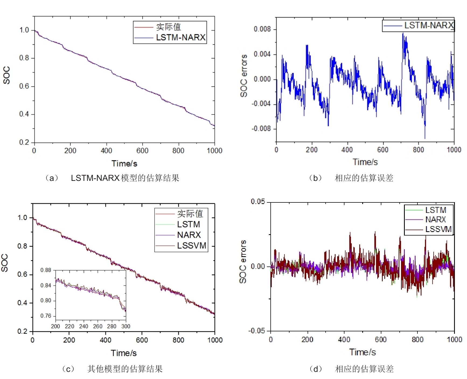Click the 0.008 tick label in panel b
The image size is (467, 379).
(262, 29)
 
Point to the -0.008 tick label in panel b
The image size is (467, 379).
(261, 129)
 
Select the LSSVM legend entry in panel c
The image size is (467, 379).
(191, 246)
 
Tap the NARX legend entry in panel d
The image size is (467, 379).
(435, 220)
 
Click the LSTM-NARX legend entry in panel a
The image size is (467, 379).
(181, 37)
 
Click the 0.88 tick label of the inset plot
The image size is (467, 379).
(46, 270)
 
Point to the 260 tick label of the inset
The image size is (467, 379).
(97, 327)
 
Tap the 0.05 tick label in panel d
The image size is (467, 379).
(258, 202)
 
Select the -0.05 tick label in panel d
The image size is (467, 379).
(257, 331)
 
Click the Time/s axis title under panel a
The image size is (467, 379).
(124, 164)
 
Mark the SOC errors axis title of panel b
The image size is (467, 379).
(244, 76)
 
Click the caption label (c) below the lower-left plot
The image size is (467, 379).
(68, 369)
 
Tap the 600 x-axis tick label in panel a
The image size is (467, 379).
(142, 151)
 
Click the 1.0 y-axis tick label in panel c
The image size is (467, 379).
(23, 218)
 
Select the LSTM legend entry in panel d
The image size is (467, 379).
(435, 210)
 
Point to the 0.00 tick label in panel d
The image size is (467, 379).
(258, 266)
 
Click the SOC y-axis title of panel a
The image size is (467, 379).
(6, 75)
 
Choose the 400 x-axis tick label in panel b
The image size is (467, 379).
(347, 150)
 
